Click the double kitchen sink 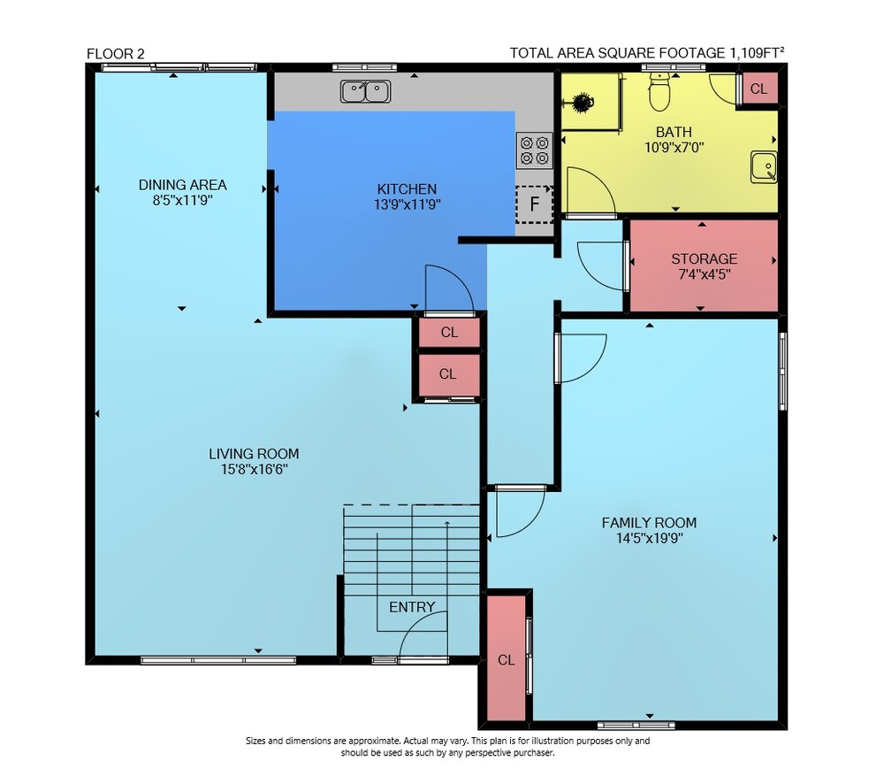tap(365, 91)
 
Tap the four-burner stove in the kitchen tap(535, 150)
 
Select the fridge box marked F tap(534, 204)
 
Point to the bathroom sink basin tap(764, 167)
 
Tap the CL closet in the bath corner tap(758, 88)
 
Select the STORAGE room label tap(705, 259)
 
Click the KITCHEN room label tap(407, 189)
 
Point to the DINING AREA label tap(183, 185)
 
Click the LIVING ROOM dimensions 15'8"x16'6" tap(255, 470)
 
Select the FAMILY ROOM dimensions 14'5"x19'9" tap(650, 539)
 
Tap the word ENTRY tap(412, 607)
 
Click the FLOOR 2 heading tap(116, 54)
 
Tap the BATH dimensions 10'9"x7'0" tap(674, 148)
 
